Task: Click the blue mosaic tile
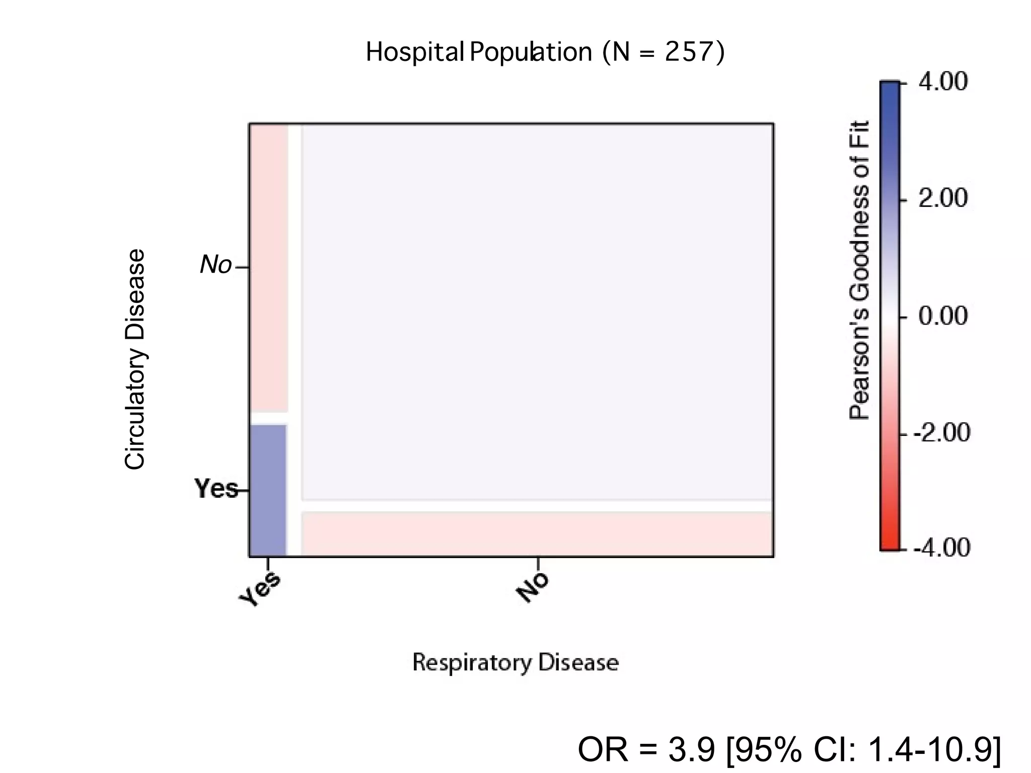(x=268, y=490)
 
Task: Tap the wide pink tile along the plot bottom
(x=537, y=533)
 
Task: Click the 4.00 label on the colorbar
(x=942, y=82)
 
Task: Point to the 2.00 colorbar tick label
(x=942, y=198)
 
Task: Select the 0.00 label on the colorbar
(x=942, y=316)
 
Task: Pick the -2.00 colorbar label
(x=941, y=433)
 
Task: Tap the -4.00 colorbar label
(x=941, y=548)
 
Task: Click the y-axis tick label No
(x=215, y=265)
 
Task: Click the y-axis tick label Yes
(x=216, y=489)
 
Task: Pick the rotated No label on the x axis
(x=532, y=587)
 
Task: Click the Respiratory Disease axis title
(x=515, y=662)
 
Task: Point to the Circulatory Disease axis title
(x=135, y=359)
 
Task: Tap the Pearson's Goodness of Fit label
(x=859, y=270)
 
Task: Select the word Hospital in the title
(x=414, y=52)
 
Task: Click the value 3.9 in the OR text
(x=691, y=749)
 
